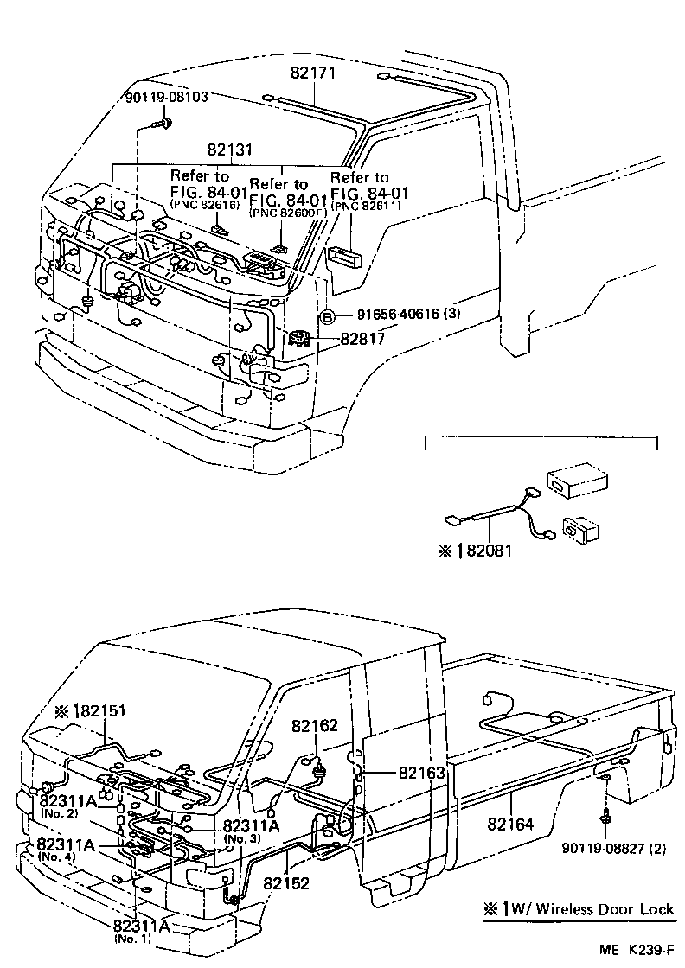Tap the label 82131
229,150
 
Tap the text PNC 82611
359,207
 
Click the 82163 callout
421,772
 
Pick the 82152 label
286,884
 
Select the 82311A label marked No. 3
251,825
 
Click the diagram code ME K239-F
637,950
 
